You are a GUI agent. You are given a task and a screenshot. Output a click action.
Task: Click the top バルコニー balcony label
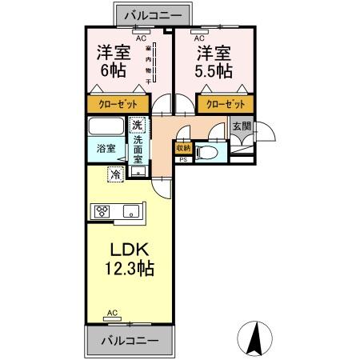click(157, 14)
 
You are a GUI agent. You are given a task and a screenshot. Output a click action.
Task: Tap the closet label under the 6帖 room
click(116, 105)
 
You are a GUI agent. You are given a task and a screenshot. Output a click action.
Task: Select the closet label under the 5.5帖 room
click(225, 105)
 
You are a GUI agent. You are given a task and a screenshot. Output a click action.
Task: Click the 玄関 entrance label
click(241, 126)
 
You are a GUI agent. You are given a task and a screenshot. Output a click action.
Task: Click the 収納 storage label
click(183, 148)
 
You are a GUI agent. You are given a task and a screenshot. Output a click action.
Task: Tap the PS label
click(183, 159)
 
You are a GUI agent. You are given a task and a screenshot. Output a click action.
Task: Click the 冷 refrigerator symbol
click(116, 174)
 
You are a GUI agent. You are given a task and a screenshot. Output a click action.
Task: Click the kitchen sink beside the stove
click(131, 212)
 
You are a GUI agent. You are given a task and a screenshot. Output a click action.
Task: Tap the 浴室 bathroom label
click(106, 148)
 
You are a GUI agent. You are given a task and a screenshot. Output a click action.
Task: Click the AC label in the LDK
click(112, 313)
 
